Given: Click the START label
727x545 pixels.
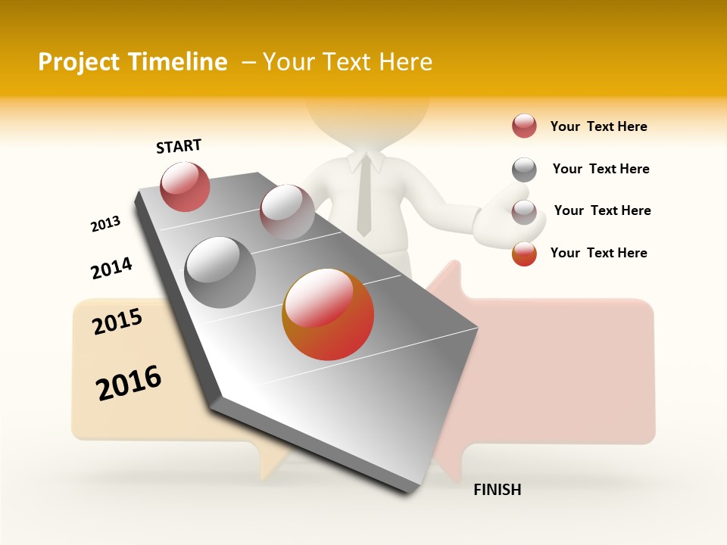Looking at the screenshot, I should [x=179, y=146].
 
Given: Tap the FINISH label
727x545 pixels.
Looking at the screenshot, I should [x=498, y=490].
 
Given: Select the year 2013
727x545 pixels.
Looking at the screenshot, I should [x=105, y=224].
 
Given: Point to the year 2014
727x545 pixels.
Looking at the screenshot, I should [x=111, y=268].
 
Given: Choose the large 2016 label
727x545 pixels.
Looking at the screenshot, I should [x=129, y=383].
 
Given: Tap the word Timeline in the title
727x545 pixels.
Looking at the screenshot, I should [x=179, y=62].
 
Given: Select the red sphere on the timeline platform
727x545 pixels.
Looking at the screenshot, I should [x=185, y=186].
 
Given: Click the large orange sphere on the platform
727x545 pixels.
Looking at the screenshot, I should [x=328, y=314].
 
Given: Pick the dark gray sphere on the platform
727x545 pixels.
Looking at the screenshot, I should [x=220, y=272].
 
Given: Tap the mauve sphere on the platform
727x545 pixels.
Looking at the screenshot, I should [x=287, y=212].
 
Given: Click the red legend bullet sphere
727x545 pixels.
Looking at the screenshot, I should [x=524, y=126].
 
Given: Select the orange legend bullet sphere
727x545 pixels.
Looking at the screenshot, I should [x=524, y=254].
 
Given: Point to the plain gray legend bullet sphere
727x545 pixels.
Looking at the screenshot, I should [x=524, y=170].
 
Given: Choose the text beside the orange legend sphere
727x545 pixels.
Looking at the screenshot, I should [x=598, y=253].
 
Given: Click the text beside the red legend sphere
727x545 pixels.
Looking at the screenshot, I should [x=598, y=126].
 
